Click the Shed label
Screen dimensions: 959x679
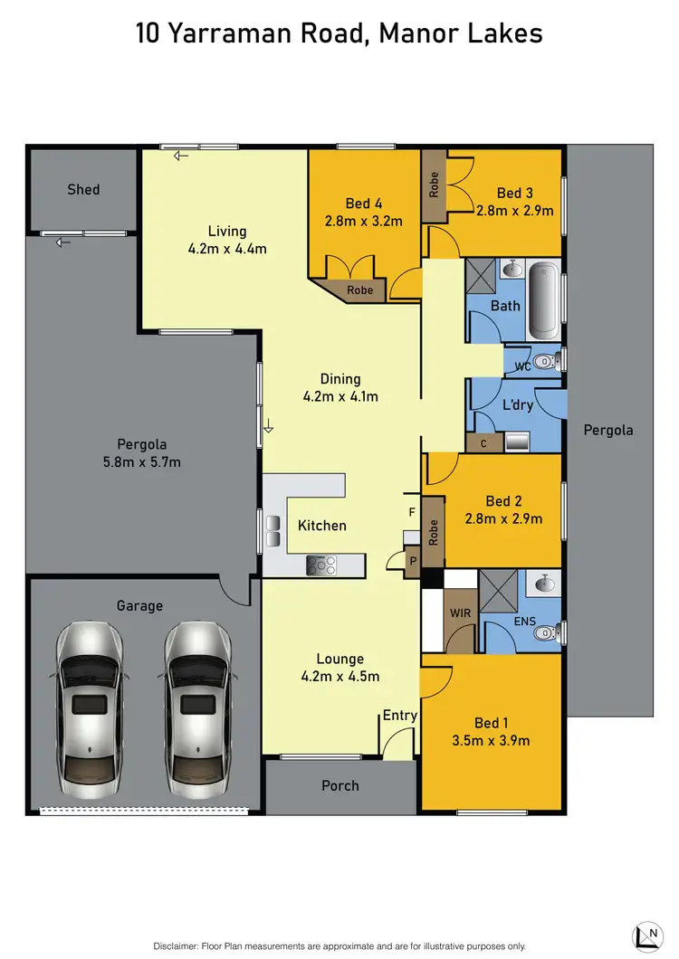pyautogui.click(x=83, y=189)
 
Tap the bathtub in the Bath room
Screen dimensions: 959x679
pyautogui.click(x=544, y=298)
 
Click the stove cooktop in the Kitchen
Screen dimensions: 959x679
pyautogui.click(x=320, y=565)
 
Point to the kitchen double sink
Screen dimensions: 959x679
pyautogui.click(x=272, y=530)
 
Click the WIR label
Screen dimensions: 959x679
pyautogui.click(x=460, y=613)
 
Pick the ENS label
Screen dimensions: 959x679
pyautogui.click(x=524, y=622)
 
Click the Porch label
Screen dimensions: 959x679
pyautogui.click(x=340, y=785)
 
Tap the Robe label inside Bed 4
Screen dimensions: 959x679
pyautogui.click(x=360, y=290)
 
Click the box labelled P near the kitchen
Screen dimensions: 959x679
pyautogui.click(x=413, y=561)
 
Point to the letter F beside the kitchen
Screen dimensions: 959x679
pyautogui.click(x=412, y=512)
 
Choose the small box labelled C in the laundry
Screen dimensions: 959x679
pyautogui.click(x=484, y=442)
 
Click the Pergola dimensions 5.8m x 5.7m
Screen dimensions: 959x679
pyautogui.click(x=142, y=462)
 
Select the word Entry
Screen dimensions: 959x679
pyautogui.click(x=399, y=715)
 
